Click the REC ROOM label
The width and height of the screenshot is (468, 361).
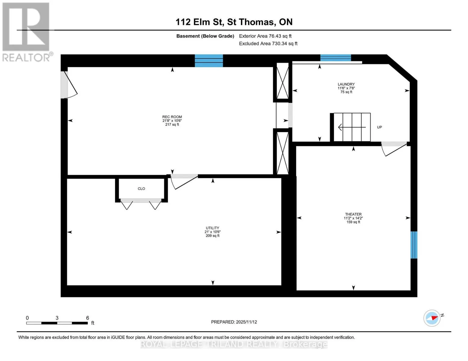coord(172,117)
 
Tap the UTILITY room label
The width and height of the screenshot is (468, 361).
coord(212,228)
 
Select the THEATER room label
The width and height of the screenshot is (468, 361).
coord(353,214)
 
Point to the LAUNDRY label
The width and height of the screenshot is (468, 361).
coord(346,84)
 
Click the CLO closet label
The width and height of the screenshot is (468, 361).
coord(141,189)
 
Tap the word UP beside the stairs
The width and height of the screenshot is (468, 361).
coord(379,127)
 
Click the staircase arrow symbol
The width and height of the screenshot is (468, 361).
coord(352,127)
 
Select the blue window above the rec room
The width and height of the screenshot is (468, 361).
coord(209,61)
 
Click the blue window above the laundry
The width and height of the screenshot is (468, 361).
coord(335,58)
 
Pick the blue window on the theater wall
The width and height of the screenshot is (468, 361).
coord(414,245)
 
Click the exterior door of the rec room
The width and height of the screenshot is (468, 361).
coord(69,85)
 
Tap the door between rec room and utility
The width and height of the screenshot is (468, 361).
coord(184,181)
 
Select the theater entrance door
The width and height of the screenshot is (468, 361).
coord(394,149)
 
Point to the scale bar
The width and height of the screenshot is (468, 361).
coord(57,323)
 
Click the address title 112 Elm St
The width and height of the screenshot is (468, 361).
coord(199,22)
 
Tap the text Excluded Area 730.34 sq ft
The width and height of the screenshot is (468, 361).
coord(268,43)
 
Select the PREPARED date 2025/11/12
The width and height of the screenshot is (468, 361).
coord(234,322)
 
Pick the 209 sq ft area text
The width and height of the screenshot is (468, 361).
coord(212,236)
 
